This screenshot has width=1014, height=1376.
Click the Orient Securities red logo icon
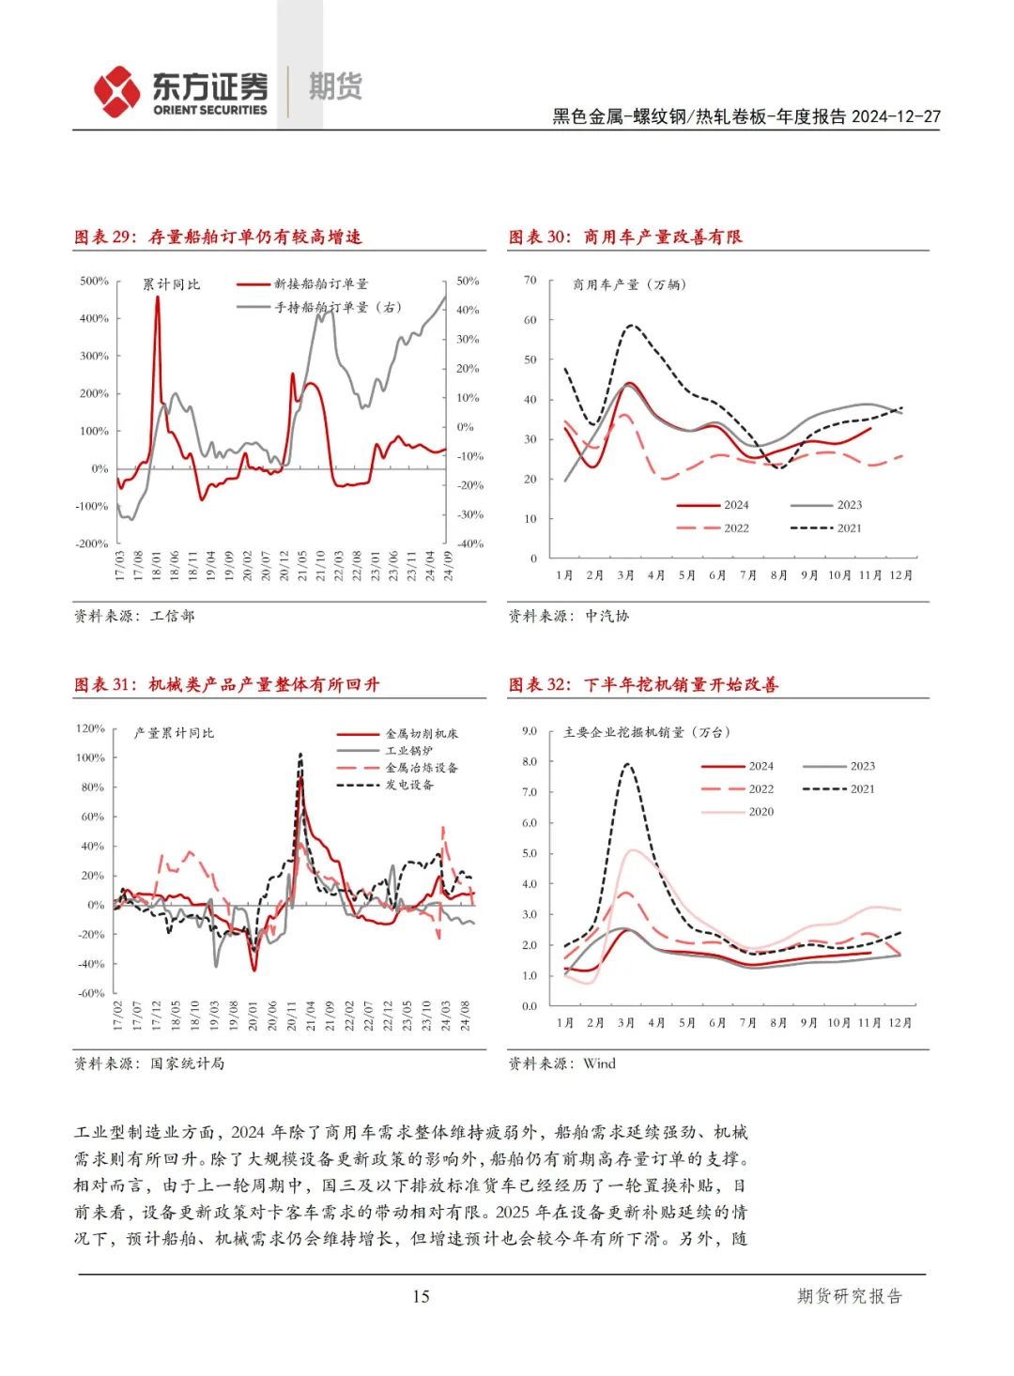click(116, 91)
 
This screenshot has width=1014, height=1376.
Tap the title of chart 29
click(218, 237)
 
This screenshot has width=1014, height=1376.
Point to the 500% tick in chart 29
click(94, 281)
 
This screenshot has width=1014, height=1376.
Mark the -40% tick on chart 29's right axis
click(469, 543)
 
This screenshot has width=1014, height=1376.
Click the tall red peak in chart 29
click(157, 298)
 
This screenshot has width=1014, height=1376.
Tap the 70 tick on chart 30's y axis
click(530, 280)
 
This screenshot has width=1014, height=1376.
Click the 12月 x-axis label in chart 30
click(900, 575)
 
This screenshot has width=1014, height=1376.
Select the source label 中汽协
click(607, 616)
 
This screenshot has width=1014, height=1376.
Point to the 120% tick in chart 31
click(90, 728)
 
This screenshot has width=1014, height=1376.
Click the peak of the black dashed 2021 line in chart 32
click(626, 764)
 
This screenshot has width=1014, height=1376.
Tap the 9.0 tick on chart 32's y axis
click(530, 731)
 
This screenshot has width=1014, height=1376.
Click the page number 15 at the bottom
click(421, 1296)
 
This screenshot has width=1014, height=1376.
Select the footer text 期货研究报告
click(850, 1296)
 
